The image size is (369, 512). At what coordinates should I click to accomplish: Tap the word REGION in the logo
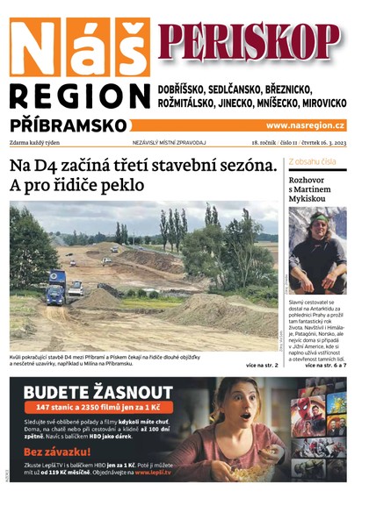point(78,96)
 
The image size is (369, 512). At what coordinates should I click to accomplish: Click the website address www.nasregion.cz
point(305,125)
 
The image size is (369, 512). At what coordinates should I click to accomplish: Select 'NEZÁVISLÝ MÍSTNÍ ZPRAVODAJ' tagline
point(170,142)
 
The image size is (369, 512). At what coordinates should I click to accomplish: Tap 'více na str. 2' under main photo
point(263,365)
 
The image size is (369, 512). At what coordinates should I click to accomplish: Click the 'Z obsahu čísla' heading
point(313,163)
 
